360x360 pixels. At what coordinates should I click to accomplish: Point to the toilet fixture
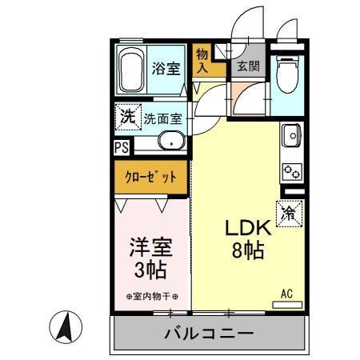(286, 75)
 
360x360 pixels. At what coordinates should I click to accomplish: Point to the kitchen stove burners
(290, 171)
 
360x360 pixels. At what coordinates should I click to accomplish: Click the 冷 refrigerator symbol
(289, 213)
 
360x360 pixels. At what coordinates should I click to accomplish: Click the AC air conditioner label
(286, 294)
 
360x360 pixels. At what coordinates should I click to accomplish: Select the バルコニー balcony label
(209, 333)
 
